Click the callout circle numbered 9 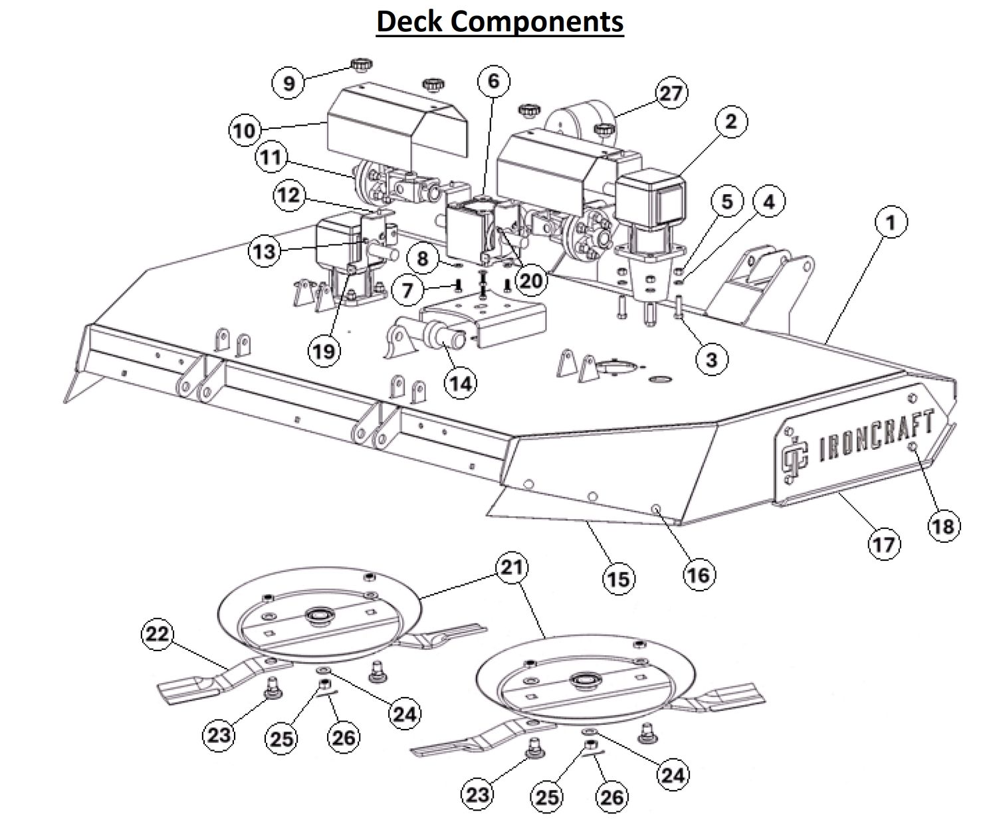(x=288, y=84)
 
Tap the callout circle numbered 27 (x=671, y=93)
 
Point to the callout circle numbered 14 (x=460, y=383)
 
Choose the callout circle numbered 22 (x=158, y=635)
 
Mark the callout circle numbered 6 (x=493, y=82)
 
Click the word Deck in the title (x=411, y=21)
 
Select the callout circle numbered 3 (x=712, y=360)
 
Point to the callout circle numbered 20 (x=530, y=281)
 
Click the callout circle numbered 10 (x=245, y=130)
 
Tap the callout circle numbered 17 (x=884, y=544)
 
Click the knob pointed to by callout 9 (x=361, y=64)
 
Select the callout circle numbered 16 (x=698, y=574)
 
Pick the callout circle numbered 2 (x=731, y=122)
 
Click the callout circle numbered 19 (x=324, y=350)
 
